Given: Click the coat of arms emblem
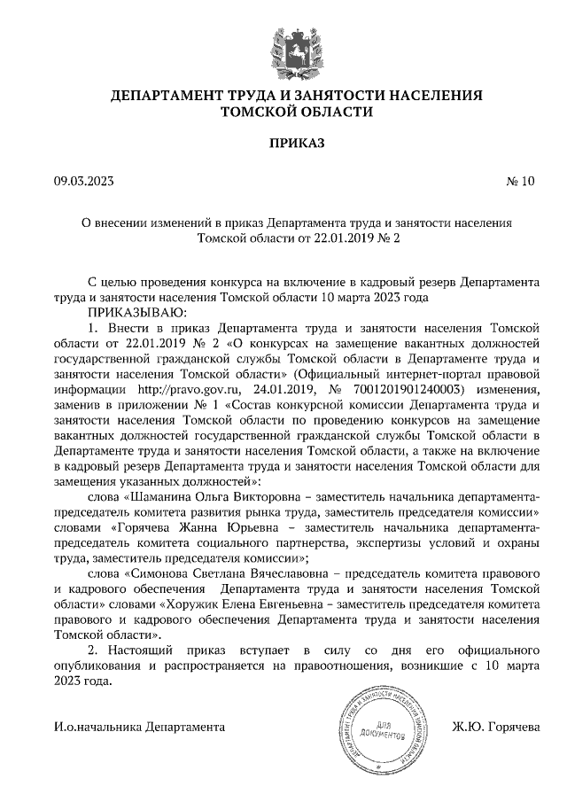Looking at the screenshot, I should pos(283,50).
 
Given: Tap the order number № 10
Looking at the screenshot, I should pos(521,183).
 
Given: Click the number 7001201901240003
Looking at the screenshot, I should pos(410,387).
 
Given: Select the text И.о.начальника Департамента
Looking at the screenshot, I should pos(138,727).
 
